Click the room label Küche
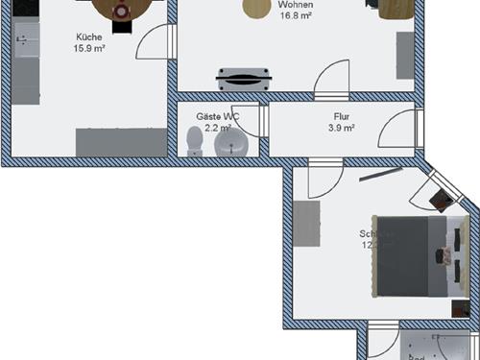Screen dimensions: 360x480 [x=90, y=37]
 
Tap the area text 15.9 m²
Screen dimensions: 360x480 [x=90, y=49]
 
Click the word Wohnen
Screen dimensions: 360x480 [x=297, y=5]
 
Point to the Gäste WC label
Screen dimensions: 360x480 [x=217, y=115]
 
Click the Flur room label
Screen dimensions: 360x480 [x=342, y=115]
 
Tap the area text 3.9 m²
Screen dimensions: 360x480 [x=342, y=127]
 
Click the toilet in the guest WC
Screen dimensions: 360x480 [x=196, y=141]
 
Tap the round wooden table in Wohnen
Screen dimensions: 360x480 [x=256, y=8]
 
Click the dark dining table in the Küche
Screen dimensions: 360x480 [x=121, y=8]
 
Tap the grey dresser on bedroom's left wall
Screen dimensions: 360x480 [x=306, y=226]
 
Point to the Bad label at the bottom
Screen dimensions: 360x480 [x=416, y=356]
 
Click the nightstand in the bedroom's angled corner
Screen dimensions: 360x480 [x=441, y=200]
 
